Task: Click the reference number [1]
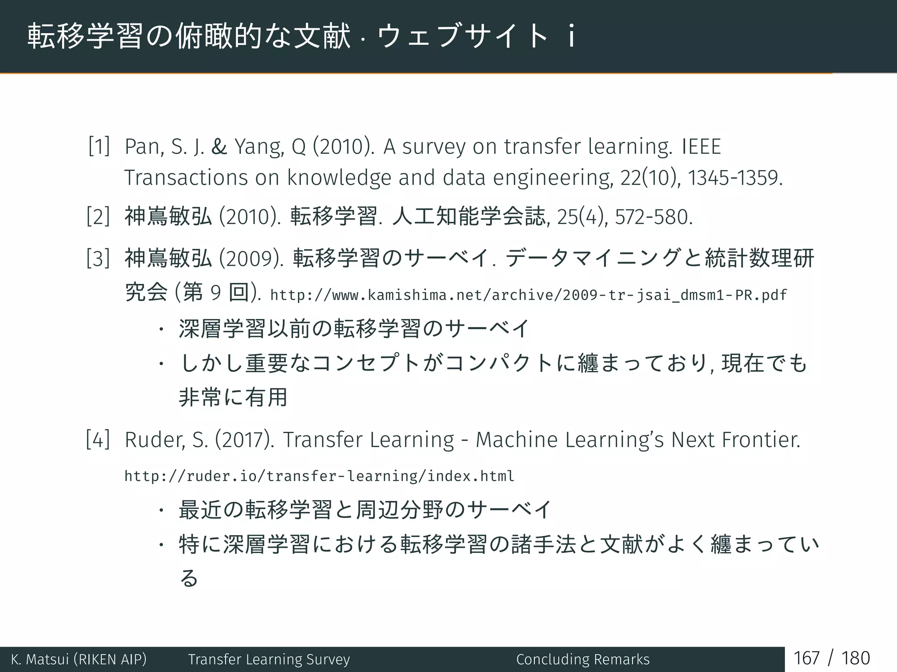point(99,146)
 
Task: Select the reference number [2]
point(99,217)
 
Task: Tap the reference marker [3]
point(99,258)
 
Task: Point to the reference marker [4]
point(99,440)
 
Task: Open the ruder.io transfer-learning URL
point(319,476)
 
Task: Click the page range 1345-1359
point(734,178)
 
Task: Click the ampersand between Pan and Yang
point(219,147)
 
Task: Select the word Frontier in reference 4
point(760,440)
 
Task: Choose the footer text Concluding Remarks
point(583,659)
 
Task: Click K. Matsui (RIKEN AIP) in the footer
point(79,659)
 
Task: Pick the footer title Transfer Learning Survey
point(269,659)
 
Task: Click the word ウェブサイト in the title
point(462,36)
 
